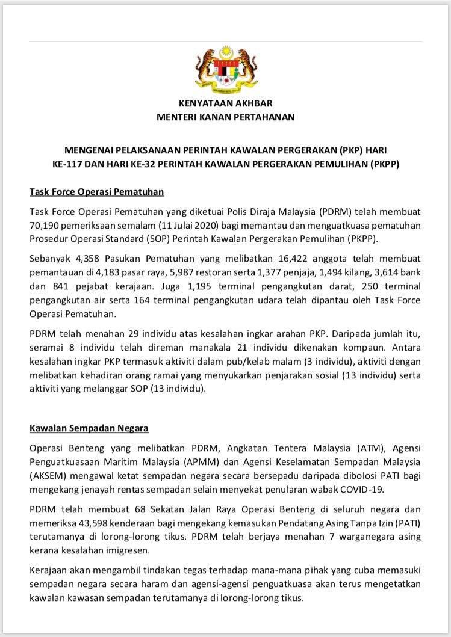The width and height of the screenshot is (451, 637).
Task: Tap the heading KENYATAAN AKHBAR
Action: click(226, 103)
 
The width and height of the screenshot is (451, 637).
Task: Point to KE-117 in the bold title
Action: click(67, 163)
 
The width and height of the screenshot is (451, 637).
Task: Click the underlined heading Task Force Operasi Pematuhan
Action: click(97, 192)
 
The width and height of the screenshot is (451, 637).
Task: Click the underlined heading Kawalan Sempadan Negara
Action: click(90, 429)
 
